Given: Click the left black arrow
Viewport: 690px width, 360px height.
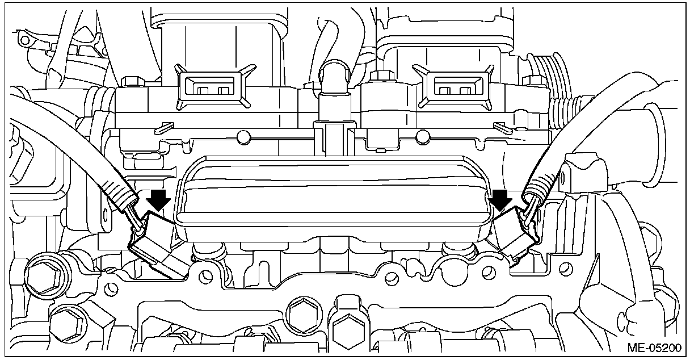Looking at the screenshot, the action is click(158, 200).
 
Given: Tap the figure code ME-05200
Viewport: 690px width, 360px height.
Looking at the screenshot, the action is click(654, 348).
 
